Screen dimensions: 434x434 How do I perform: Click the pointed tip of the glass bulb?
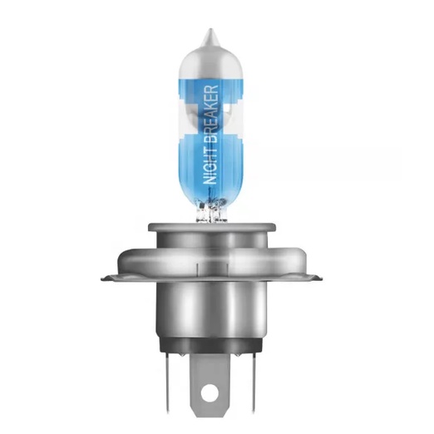point(210,29)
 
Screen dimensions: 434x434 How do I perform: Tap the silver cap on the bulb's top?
point(210,60)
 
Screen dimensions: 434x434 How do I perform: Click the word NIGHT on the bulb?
point(211,166)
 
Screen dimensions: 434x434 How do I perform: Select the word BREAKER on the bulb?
point(211,115)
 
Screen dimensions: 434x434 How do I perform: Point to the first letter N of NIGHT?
point(211,180)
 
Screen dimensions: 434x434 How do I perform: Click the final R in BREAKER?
point(211,89)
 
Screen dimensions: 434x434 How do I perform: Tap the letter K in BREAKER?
point(211,106)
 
